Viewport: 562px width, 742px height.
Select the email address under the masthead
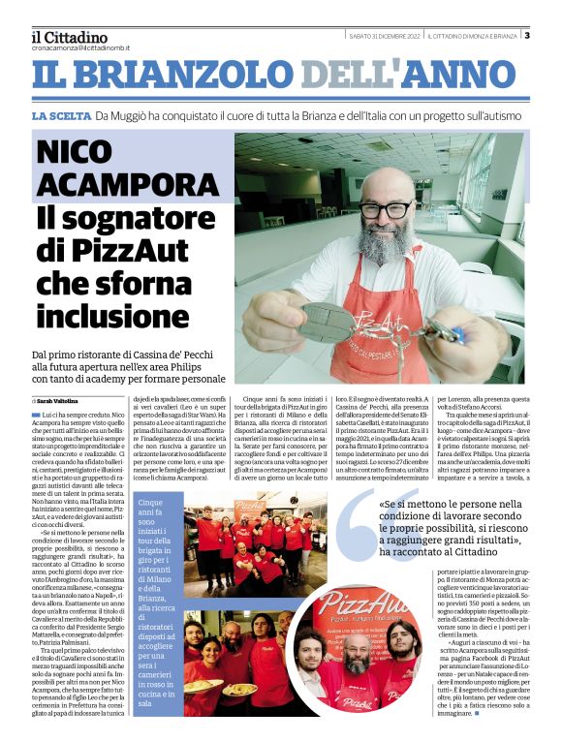click(79, 47)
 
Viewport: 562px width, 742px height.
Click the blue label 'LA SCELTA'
click(60, 115)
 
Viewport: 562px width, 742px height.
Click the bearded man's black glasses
click(385, 209)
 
